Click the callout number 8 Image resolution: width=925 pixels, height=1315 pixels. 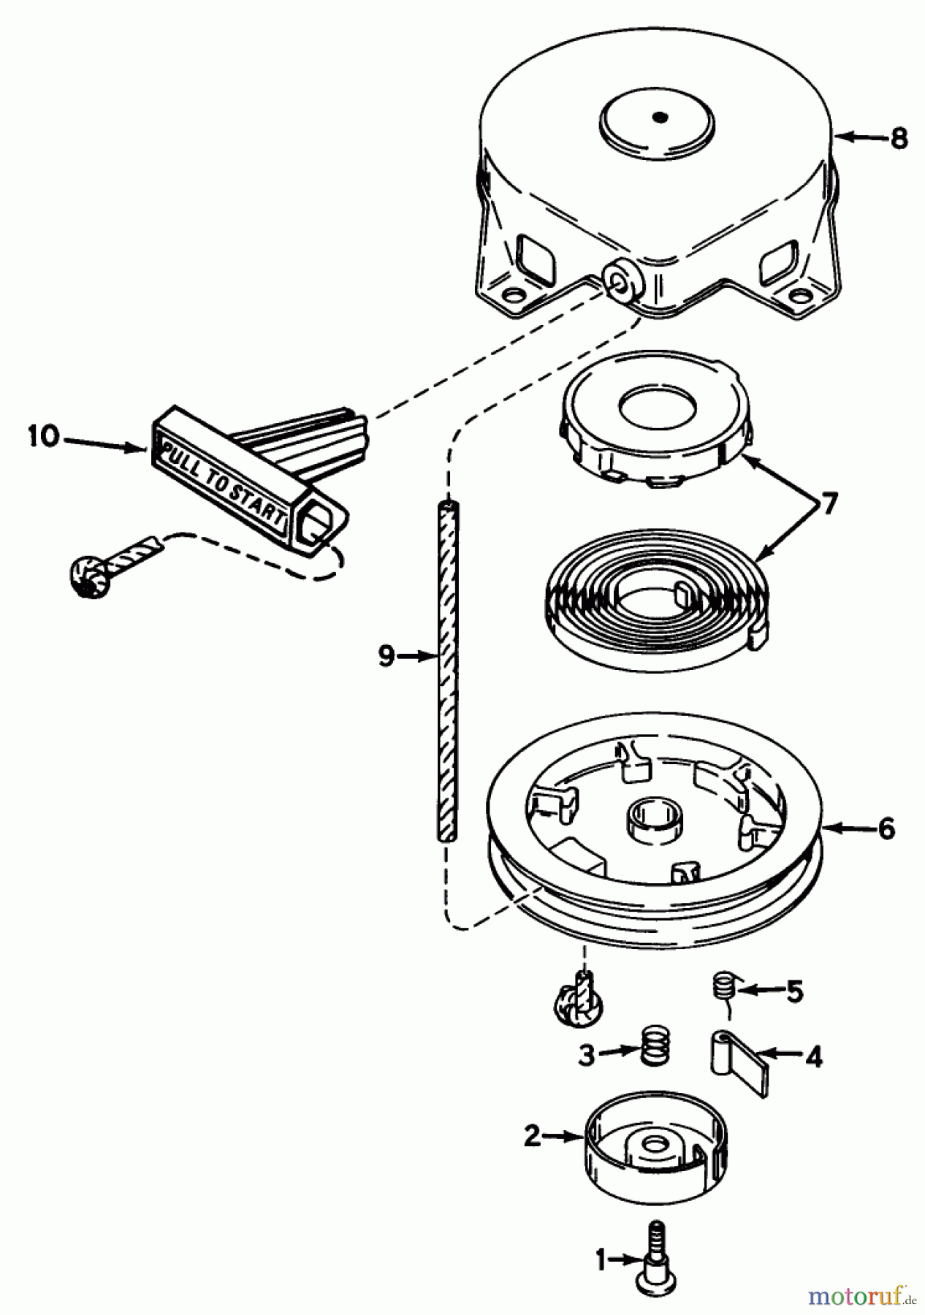click(x=899, y=137)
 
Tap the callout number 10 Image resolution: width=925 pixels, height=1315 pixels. click(x=44, y=438)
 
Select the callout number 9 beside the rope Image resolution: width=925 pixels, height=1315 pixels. click(x=387, y=657)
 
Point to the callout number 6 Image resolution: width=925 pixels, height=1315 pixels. click(x=886, y=829)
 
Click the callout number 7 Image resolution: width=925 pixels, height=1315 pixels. click(x=828, y=503)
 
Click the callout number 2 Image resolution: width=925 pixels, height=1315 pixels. click(x=533, y=1137)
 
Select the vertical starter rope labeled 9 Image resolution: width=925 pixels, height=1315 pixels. click(x=448, y=670)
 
